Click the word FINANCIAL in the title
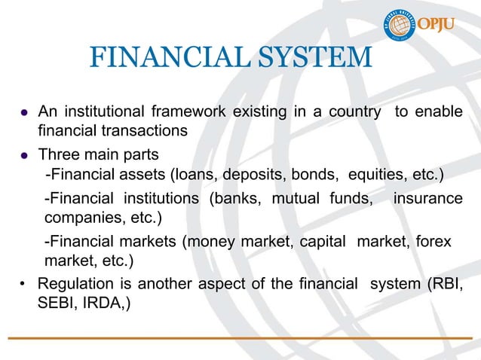pos(158,57)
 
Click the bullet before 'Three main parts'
pos(25,156)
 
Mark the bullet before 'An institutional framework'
pos(25,113)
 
